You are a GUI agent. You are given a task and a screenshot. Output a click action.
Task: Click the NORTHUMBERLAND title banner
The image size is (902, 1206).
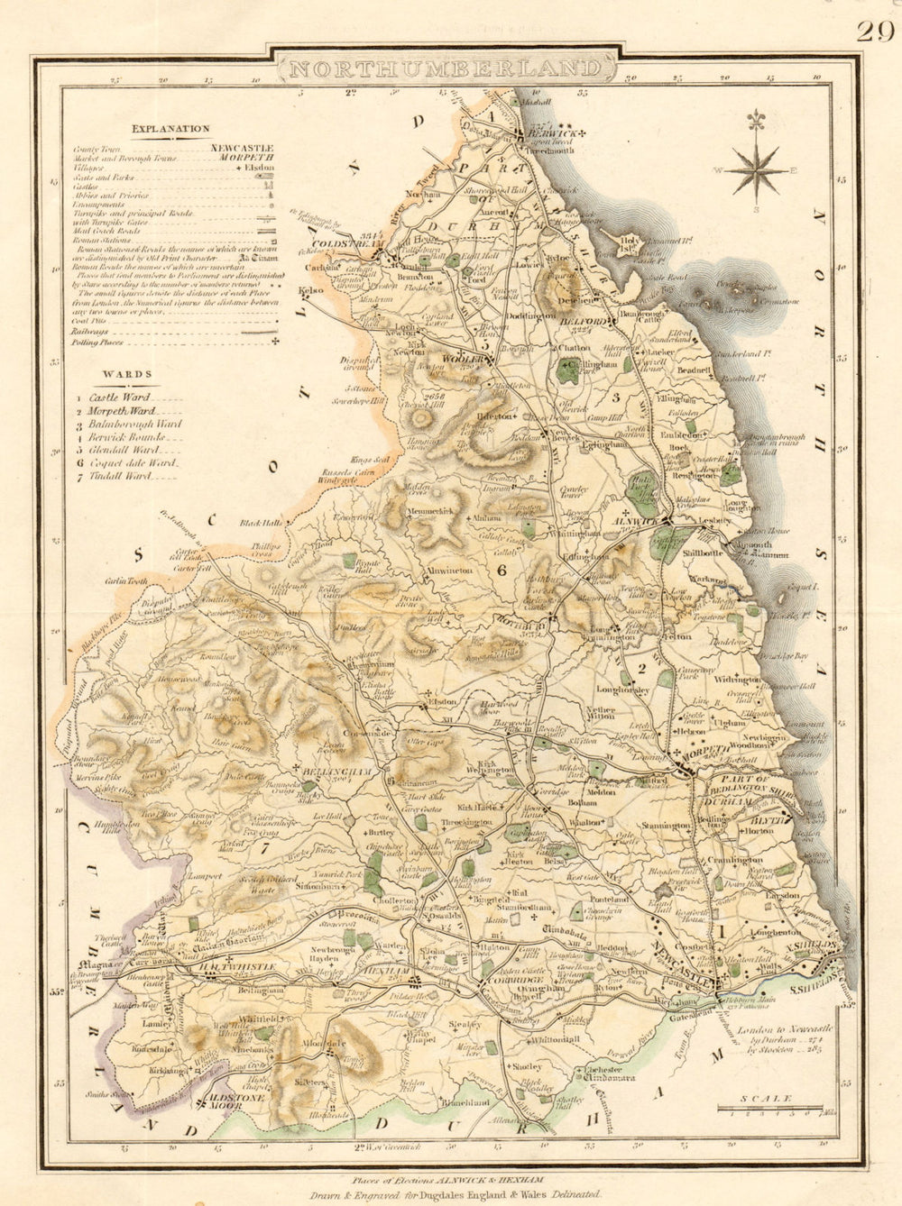(447, 69)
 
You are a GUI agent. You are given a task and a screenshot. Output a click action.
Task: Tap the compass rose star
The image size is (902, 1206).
(757, 169)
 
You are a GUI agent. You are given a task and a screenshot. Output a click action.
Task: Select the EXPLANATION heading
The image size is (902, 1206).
(170, 129)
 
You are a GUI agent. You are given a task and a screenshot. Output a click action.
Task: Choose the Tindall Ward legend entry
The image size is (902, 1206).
(125, 475)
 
